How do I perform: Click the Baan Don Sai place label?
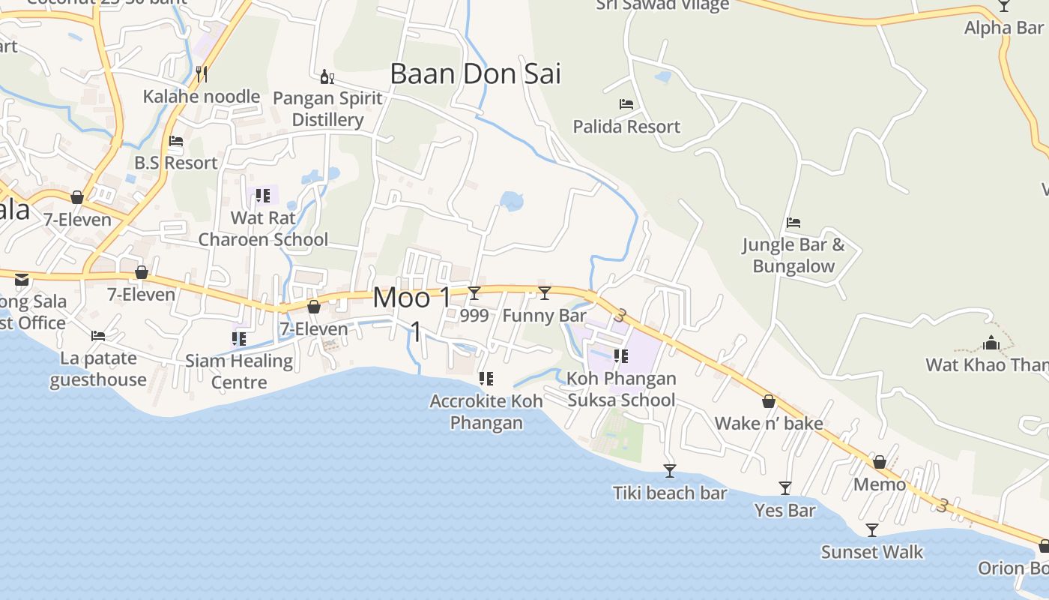click(x=475, y=73)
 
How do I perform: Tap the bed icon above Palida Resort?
click(x=626, y=104)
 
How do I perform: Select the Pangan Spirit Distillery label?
click(x=327, y=109)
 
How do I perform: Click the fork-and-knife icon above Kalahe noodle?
click(x=201, y=73)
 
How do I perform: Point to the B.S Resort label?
click(x=176, y=163)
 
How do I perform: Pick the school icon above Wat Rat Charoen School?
click(x=263, y=196)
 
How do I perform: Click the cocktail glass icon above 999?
click(x=474, y=292)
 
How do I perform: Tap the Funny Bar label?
click(x=544, y=316)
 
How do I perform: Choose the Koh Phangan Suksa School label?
click(x=622, y=389)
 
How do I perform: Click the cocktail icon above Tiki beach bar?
click(x=670, y=471)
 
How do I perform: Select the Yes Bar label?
click(x=785, y=511)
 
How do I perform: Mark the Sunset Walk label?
click(x=872, y=553)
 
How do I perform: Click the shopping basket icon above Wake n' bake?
click(x=769, y=401)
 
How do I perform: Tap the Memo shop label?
click(x=880, y=484)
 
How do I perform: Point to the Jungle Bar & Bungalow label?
click(x=793, y=256)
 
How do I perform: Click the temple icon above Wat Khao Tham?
click(x=992, y=343)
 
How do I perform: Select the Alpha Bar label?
click(x=1003, y=28)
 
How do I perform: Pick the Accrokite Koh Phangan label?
click(x=486, y=412)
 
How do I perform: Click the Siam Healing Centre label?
click(x=239, y=371)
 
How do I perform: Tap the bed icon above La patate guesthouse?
click(x=98, y=336)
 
